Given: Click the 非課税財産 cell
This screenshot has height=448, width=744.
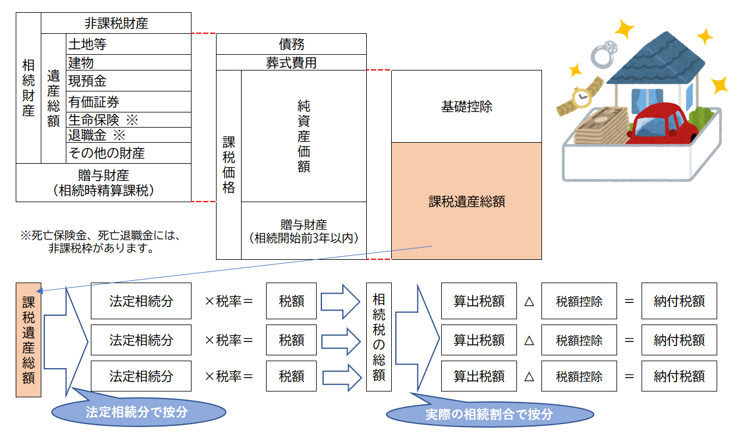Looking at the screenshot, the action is click(x=116, y=23).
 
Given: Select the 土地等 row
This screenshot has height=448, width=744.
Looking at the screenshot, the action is click(x=129, y=44).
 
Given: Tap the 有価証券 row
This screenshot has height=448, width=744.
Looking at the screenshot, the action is click(x=129, y=102).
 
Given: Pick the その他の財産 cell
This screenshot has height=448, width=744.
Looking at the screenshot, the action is click(x=129, y=153).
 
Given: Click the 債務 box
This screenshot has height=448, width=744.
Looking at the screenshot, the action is click(x=291, y=44).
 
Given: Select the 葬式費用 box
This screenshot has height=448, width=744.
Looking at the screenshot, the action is click(x=291, y=62).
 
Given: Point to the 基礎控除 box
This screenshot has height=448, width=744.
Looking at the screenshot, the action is click(x=467, y=107).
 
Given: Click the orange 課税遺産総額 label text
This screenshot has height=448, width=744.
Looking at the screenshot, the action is click(x=467, y=202).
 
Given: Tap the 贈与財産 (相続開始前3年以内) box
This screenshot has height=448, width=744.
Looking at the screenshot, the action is click(x=304, y=231).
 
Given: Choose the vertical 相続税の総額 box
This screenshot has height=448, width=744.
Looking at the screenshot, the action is click(x=379, y=337).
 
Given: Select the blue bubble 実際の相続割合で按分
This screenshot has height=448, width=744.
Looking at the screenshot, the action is click(x=490, y=413).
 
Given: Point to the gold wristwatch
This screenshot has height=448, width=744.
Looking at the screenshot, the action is click(x=580, y=97).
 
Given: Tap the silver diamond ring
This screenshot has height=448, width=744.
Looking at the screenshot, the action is click(x=604, y=54).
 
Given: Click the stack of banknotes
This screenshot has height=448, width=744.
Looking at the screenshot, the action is click(x=602, y=126).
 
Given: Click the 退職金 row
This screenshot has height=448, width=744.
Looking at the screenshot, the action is click(x=129, y=135).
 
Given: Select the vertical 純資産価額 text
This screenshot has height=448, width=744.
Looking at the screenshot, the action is click(x=303, y=136).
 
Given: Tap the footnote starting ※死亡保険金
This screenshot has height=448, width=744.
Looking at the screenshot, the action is click(x=101, y=241).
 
